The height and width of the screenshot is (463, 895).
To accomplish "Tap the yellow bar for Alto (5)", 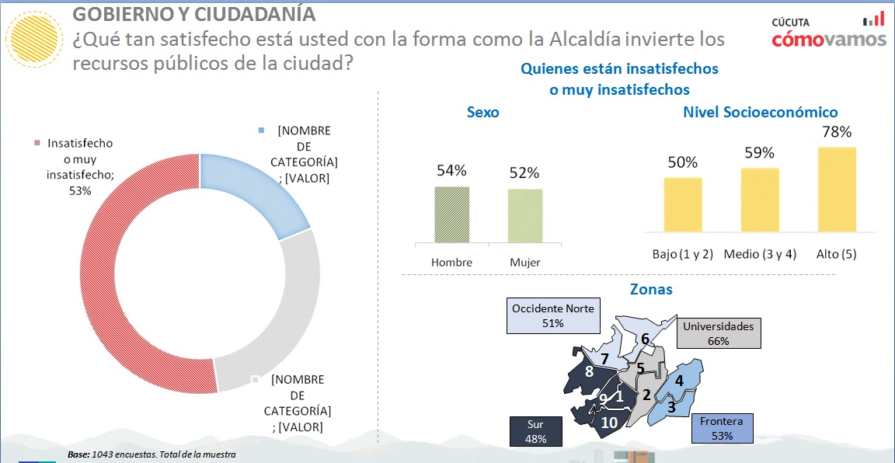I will (837, 190).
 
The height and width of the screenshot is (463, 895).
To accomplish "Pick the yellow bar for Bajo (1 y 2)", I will (683, 204).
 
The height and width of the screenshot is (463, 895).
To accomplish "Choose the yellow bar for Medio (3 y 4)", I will (760, 200).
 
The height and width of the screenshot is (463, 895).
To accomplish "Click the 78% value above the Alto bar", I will (837, 133).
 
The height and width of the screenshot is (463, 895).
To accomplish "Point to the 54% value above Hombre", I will (451, 171).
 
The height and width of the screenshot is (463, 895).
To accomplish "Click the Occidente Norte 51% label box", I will (553, 316).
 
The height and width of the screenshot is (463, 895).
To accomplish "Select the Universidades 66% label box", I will (718, 333).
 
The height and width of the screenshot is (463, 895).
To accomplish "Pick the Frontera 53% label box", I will (722, 428).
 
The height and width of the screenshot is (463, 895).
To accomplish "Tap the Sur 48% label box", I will (535, 431).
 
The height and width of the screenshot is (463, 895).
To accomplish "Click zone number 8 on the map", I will (589, 372).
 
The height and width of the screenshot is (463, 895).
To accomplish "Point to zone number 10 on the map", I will (609, 423).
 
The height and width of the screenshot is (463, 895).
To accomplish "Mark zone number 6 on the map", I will (645, 339).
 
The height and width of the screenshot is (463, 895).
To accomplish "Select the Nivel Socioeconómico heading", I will (760, 113).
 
